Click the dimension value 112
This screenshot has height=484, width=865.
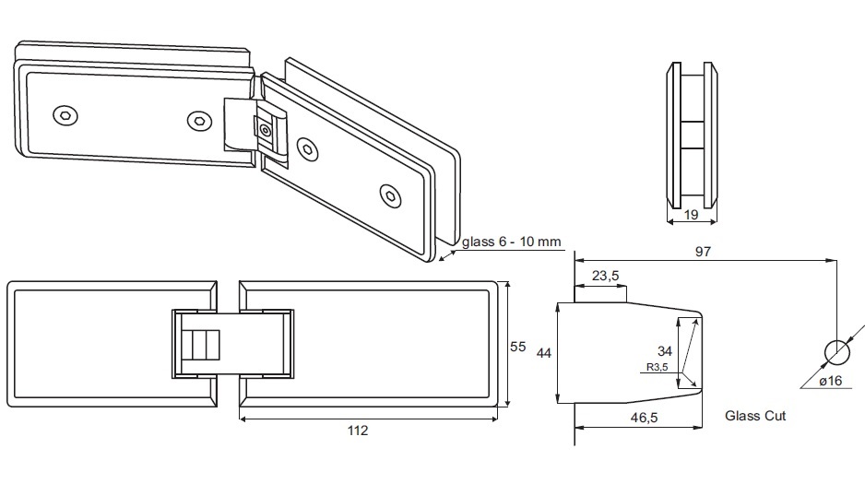click(x=359, y=431)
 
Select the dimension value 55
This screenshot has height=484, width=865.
click(x=518, y=347)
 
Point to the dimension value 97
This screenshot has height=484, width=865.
click(x=703, y=251)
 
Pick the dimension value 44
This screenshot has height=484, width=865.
click(x=544, y=352)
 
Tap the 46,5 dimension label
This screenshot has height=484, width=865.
click(x=636, y=418)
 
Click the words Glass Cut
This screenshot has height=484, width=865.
click(x=755, y=417)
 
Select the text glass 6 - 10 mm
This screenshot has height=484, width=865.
click(x=512, y=242)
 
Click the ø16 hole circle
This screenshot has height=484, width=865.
click(x=835, y=353)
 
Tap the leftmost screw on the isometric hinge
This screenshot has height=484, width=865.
click(x=64, y=114)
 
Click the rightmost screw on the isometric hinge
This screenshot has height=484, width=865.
click(x=391, y=195)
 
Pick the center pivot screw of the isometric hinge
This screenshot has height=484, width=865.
click(x=267, y=130)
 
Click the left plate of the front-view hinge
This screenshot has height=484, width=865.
click(x=92, y=343)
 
